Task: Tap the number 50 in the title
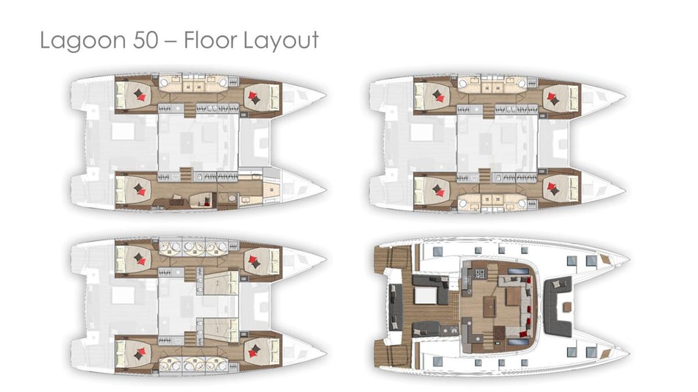tap(145, 40)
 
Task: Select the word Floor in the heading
tap(209, 40)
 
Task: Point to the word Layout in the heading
tap(280, 41)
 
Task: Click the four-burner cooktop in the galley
tap(481, 273)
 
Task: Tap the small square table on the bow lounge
tap(567, 307)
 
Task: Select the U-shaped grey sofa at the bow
tap(558, 306)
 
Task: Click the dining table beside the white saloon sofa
tap(514, 297)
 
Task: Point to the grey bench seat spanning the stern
tap(395, 307)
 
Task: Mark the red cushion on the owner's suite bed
tap(142, 192)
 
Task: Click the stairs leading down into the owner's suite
tap(186, 174)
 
